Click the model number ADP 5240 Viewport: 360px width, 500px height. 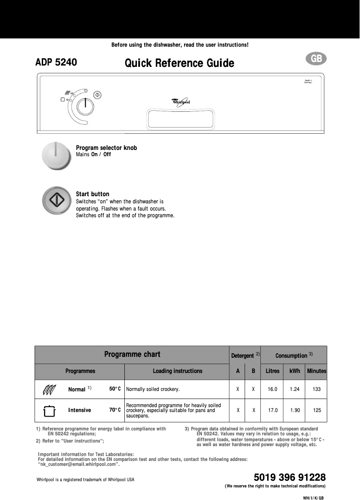pos(56,62)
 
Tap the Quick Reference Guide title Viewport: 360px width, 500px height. pos(179,63)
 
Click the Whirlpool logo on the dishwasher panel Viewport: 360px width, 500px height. pos(181,102)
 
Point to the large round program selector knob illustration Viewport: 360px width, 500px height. pos(56,155)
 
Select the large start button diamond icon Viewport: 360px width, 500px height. pos(57,201)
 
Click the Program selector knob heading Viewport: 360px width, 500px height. pos(106,148)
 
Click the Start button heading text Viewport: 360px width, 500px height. pos(92,194)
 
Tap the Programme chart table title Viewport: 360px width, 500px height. pos(132,354)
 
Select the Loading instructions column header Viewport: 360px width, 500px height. pos(177,371)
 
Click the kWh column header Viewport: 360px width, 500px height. pos(294,371)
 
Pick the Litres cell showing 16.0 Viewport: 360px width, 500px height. pos(272,389)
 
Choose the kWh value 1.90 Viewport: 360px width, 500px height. pos(294,410)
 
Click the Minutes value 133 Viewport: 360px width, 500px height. pos(316,389)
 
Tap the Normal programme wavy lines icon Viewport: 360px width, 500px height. pos(48,389)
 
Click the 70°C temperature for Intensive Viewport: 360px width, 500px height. pos(115,410)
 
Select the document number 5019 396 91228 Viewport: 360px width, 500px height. pos(290,477)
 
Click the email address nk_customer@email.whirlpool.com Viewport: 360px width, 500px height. pos(79,465)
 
